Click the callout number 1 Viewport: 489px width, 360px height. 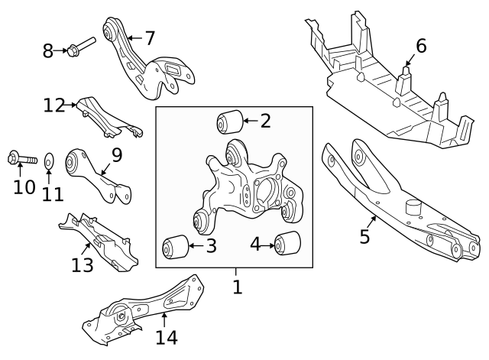237,287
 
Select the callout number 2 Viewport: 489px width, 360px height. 265,120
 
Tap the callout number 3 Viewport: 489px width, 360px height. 211,246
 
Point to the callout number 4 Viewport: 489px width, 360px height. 254,245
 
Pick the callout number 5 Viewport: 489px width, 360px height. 364,236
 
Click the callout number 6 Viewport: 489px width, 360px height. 420,46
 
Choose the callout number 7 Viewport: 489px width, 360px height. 149,37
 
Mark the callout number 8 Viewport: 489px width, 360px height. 48,51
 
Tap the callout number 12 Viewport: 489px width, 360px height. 54,105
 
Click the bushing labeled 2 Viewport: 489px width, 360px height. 230,122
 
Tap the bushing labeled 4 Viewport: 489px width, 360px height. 289,242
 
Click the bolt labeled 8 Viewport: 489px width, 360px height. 79,47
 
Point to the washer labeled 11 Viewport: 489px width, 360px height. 49,161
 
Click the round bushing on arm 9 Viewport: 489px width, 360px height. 76,162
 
